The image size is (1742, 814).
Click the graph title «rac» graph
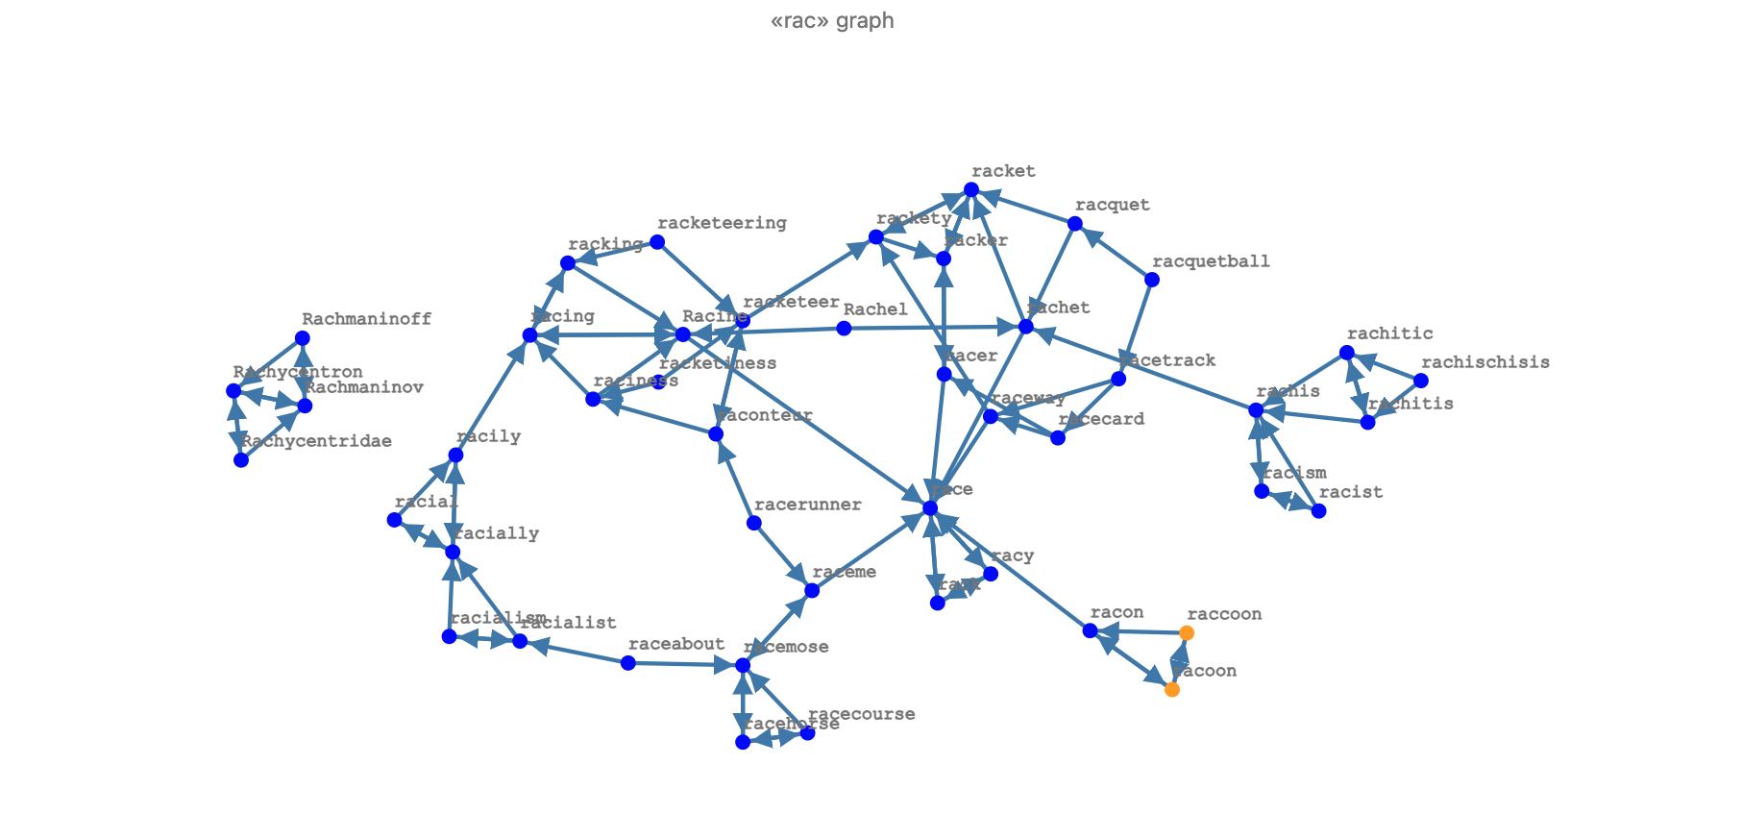832,20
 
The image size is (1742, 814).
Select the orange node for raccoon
1187,632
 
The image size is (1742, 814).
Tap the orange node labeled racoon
1172,689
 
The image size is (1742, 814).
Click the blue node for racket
971,189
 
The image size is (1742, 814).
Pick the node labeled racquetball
1152,280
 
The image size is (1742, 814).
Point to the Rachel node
844,329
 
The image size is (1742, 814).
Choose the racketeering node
657,242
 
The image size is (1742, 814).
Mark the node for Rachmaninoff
303,338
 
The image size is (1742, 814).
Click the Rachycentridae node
241,460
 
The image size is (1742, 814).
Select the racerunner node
754,523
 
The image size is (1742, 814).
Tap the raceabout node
628,663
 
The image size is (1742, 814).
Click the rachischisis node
1421,381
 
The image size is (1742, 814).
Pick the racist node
1318,510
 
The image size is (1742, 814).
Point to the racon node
1090,630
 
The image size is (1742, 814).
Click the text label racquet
1113,205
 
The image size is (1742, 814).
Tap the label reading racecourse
862,714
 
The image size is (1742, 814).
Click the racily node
456,455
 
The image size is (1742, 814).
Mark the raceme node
812,590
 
